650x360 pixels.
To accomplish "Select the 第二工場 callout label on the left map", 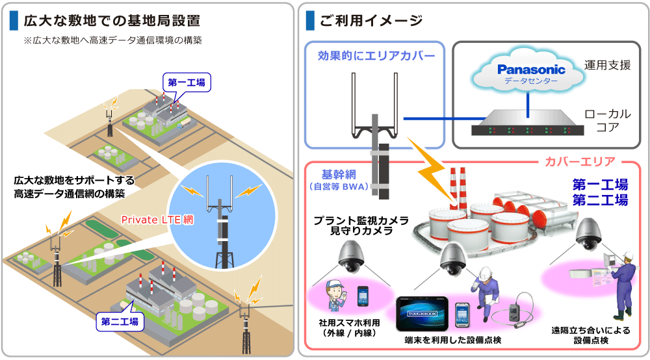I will [x=120, y=321].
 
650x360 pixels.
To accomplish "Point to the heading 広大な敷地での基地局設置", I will [x=111, y=21].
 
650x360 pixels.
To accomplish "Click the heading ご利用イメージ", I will [x=370, y=21].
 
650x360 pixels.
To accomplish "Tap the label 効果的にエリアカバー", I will [x=376, y=56].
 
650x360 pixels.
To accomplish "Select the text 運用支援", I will [x=607, y=65].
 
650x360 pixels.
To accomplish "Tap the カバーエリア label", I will [x=575, y=161].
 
